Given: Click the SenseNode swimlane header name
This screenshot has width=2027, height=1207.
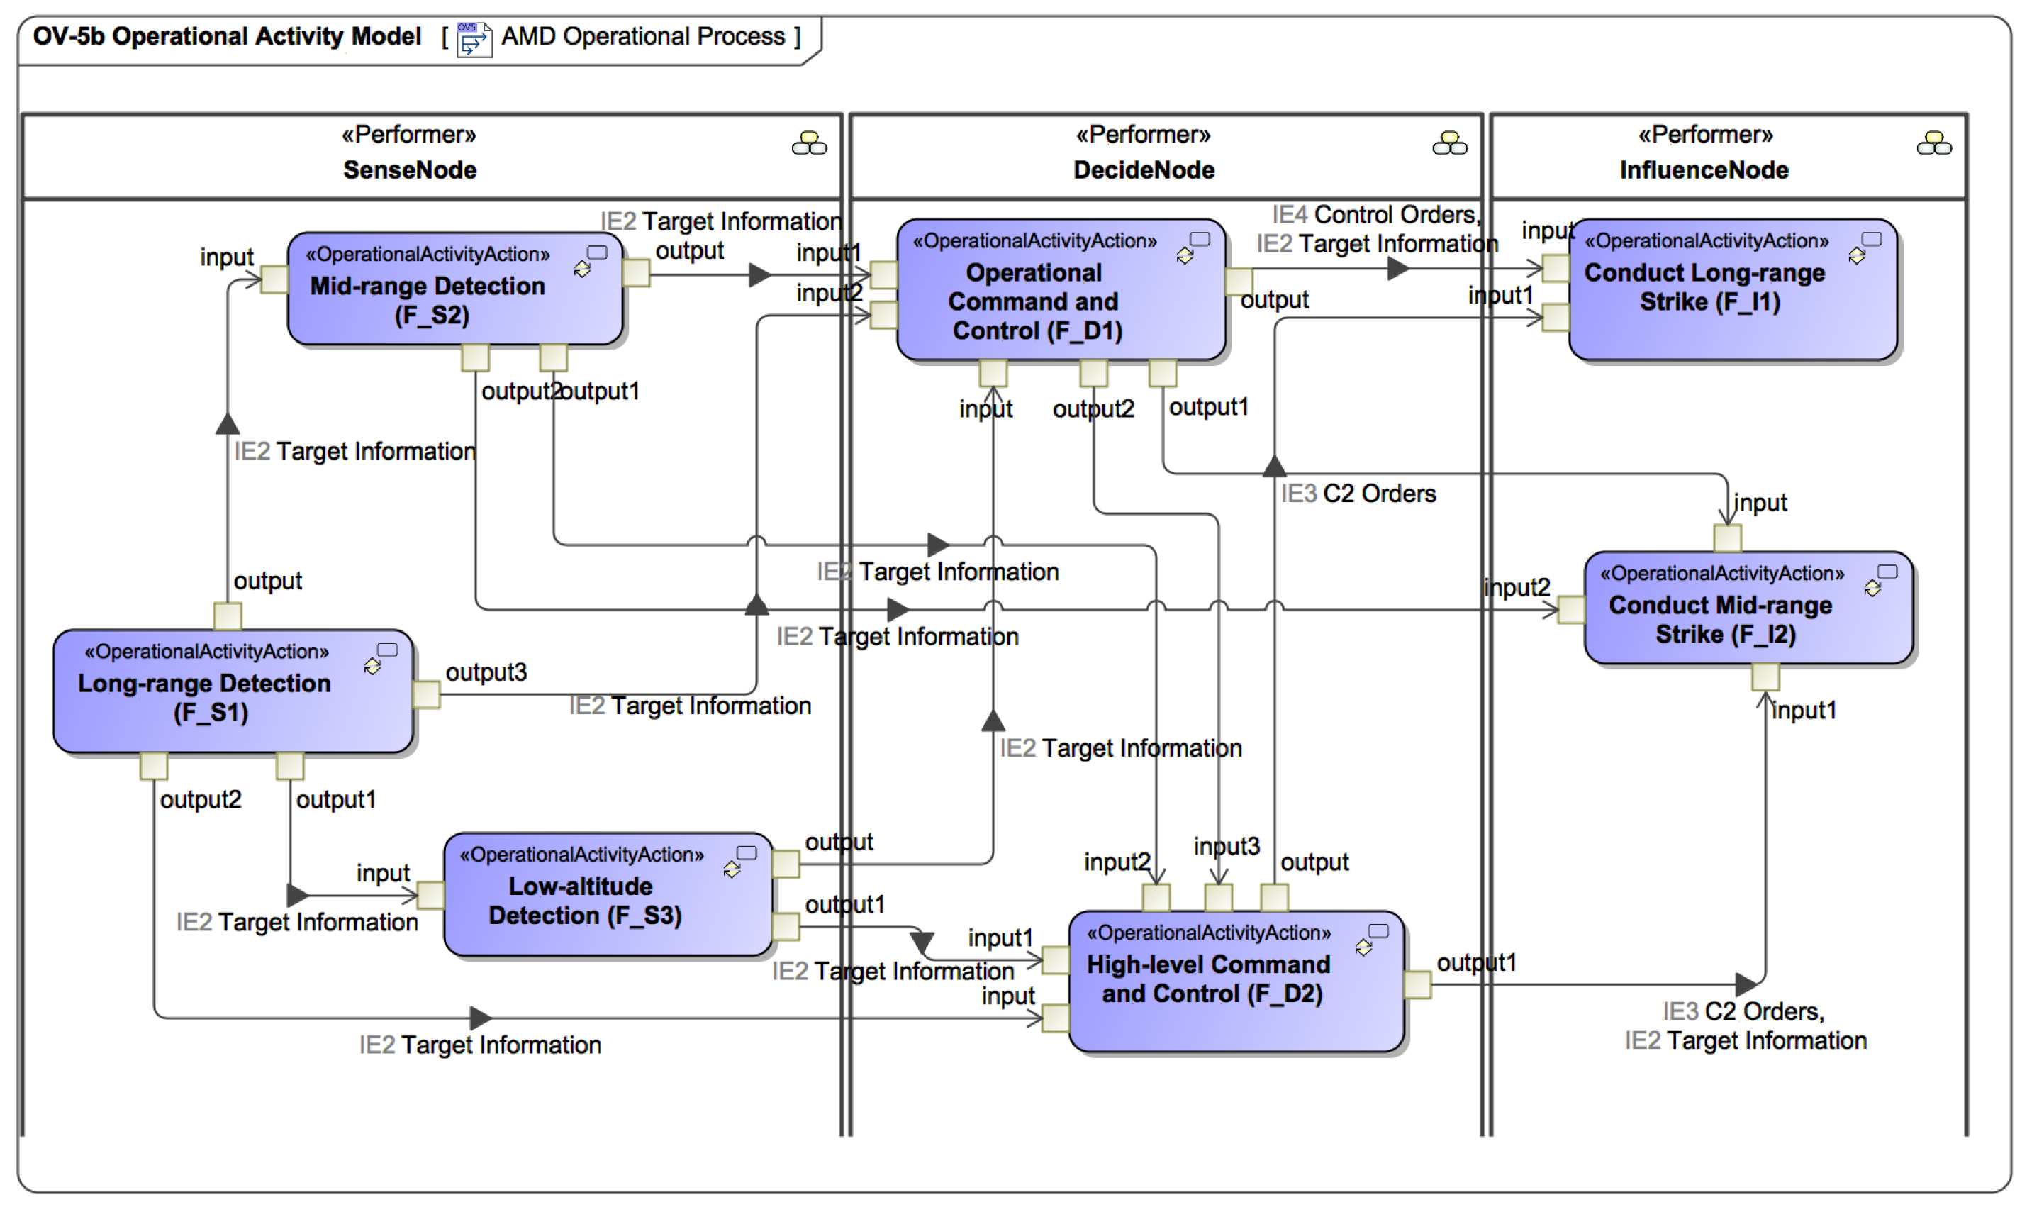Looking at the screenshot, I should click(x=409, y=170).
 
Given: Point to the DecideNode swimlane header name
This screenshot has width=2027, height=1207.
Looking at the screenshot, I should click(x=1143, y=170).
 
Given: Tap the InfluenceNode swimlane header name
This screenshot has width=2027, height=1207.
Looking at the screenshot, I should click(x=1704, y=170).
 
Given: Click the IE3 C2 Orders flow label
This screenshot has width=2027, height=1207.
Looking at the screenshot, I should click(x=1358, y=494).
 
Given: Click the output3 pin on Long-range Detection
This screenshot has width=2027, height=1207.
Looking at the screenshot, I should click(x=427, y=694).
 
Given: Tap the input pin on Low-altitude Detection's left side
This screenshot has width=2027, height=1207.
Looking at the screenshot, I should click(x=430, y=896).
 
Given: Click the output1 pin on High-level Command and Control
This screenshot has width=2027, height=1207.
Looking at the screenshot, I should click(x=1417, y=985).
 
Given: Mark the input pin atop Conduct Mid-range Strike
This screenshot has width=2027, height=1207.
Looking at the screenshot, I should click(x=1727, y=538).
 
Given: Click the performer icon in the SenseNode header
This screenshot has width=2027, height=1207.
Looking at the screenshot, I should click(x=809, y=145).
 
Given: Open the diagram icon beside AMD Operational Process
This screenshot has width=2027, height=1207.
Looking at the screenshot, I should click(x=474, y=38).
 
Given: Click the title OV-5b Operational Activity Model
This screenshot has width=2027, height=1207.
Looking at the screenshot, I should click(x=227, y=37).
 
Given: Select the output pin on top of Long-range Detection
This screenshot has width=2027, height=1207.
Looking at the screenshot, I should click(x=228, y=616).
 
